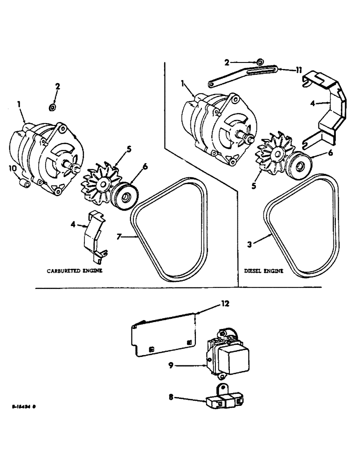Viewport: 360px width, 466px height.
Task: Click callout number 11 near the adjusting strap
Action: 298,70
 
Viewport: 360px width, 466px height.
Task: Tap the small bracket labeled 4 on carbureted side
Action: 94,234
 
